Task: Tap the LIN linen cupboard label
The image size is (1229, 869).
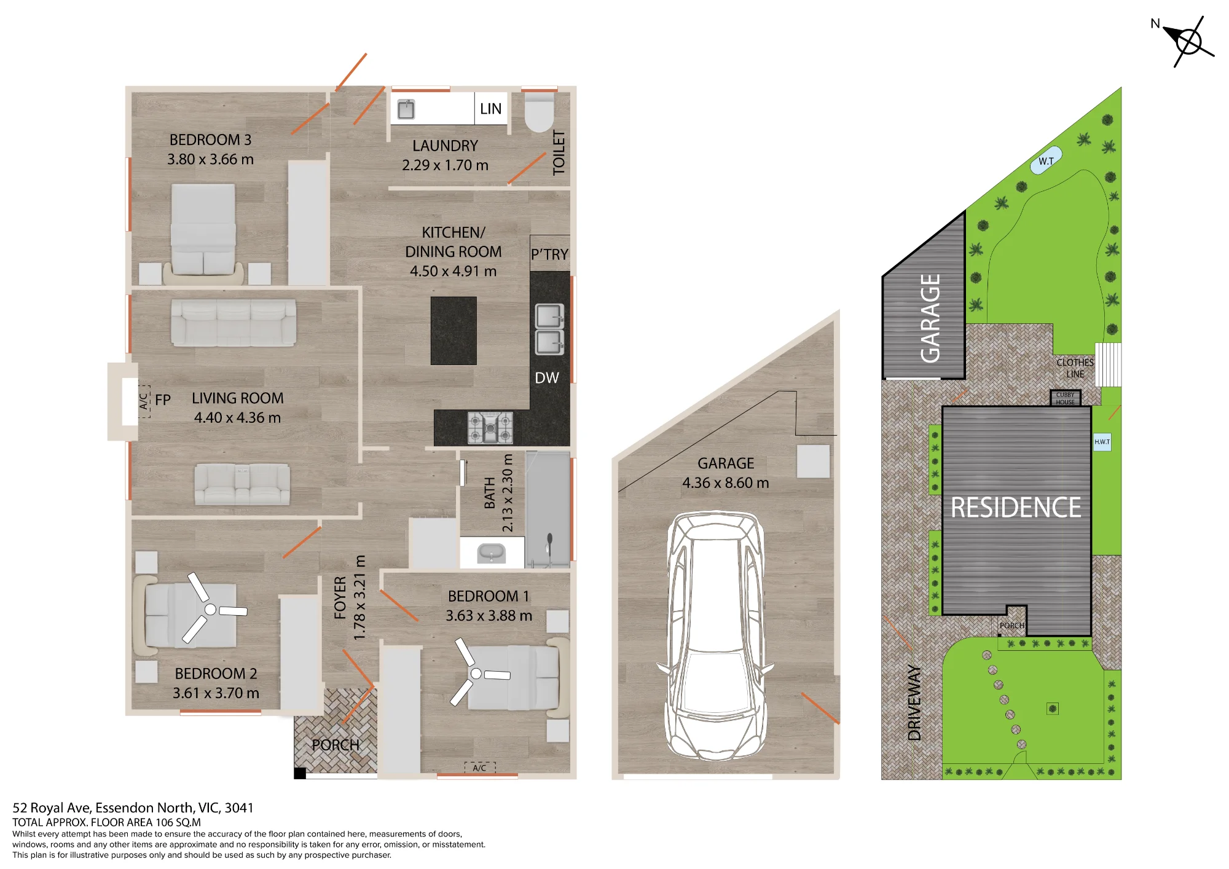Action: (x=490, y=109)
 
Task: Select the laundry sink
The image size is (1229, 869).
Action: (x=406, y=109)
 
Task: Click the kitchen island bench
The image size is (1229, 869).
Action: (x=454, y=331)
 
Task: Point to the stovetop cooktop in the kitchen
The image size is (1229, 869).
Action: (x=490, y=427)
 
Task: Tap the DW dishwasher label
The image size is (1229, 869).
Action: (x=547, y=378)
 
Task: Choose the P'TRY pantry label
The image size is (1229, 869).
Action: (x=549, y=254)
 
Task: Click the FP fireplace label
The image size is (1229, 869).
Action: (x=163, y=400)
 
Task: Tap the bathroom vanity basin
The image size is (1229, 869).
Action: (x=491, y=553)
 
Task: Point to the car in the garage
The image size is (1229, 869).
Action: (x=715, y=635)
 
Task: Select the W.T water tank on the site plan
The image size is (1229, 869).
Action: (x=1046, y=161)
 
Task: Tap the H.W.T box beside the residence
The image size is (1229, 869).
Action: (x=1102, y=442)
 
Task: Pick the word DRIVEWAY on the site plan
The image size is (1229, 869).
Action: (x=914, y=702)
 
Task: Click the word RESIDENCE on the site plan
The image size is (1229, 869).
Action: (x=1016, y=508)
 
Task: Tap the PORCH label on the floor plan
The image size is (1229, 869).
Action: (x=336, y=745)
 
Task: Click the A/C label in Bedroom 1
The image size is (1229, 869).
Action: (x=479, y=768)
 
